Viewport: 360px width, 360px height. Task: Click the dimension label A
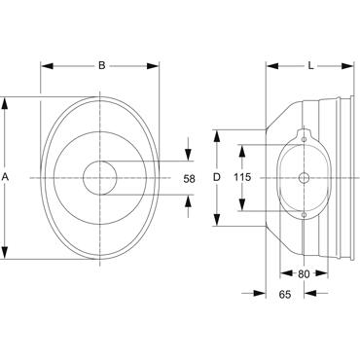click(x=5, y=177)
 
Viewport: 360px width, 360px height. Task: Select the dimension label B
click(x=102, y=66)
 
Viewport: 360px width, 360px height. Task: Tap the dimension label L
click(x=311, y=66)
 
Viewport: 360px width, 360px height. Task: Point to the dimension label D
click(x=217, y=177)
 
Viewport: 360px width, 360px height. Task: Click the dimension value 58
click(x=190, y=179)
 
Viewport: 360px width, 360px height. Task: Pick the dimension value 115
click(x=242, y=177)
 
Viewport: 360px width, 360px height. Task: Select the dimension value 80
click(x=304, y=274)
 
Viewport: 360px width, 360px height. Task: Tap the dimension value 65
click(x=285, y=294)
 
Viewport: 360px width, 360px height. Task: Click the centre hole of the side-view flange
click(x=304, y=178)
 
